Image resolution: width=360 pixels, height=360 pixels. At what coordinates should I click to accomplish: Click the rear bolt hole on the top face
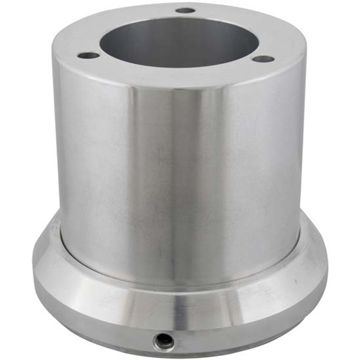(x=185, y=10)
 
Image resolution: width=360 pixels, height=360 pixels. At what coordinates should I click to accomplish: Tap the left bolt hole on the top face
(x=89, y=56)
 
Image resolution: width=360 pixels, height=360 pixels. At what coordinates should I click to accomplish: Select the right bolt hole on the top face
(x=263, y=59)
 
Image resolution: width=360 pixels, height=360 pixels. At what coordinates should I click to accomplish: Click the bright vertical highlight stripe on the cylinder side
(x=195, y=178)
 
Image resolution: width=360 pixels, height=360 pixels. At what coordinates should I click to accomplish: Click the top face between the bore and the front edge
(x=178, y=77)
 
